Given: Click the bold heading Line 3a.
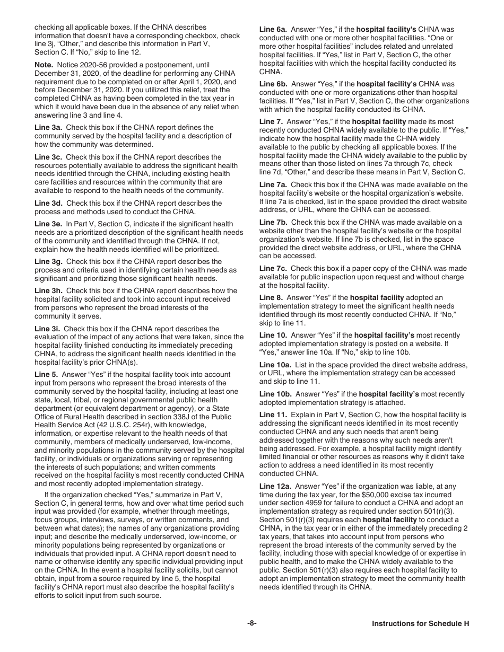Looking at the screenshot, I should pyautogui.click(x=49, y=127).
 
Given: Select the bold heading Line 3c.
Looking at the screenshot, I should pyautogui.click(x=49, y=157).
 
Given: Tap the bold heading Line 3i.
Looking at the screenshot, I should pyautogui.click(x=48, y=329).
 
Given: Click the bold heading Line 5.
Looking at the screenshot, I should pyautogui.click(x=46, y=374).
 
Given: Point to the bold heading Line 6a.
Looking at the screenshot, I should pyautogui.click(x=273, y=29).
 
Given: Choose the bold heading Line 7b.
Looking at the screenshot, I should pyautogui.click(x=273, y=222).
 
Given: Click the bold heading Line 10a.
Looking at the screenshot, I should pyautogui.click(x=275, y=365).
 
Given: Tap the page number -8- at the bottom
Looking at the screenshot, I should pyautogui.click(x=252, y=624).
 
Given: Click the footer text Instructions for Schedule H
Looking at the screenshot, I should pyautogui.click(x=421, y=624).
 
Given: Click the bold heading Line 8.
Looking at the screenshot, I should pyautogui.click(x=271, y=297).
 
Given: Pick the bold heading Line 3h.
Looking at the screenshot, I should pyautogui.click(x=49, y=290).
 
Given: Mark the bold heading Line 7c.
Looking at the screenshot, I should pyautogui.click(x=273, y=268).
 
